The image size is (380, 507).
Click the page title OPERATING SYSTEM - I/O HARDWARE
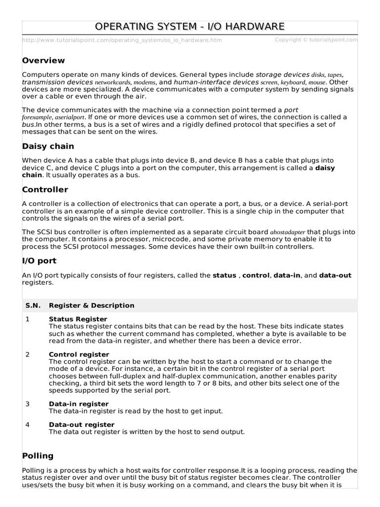pos(190,26)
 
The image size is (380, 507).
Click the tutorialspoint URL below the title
pos(122,40)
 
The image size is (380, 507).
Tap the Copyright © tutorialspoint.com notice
pos(316,40)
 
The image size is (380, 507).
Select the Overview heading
pos(44,60)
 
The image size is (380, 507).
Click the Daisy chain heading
pos(48,146)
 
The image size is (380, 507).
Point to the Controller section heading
pos(45,190)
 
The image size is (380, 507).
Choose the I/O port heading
pos(40,260)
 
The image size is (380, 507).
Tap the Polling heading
pos(38,456)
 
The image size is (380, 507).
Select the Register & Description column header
pos(92,305)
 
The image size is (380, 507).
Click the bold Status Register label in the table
pos(78,319)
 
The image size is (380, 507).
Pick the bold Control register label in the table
pos(79,355)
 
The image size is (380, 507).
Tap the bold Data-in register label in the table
pos(79,404)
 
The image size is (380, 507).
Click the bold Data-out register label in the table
pos(82,425)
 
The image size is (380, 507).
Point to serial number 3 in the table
pos(28,404)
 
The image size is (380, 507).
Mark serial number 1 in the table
pos(28,319)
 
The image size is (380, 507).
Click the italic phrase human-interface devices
pos(216,82)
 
